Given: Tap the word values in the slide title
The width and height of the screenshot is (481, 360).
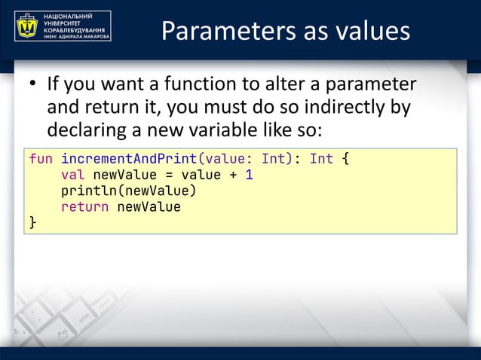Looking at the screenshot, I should pos(372,31).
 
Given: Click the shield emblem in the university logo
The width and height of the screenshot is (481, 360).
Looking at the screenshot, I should pos(28,26).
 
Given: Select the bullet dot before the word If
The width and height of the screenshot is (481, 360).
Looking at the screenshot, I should pos(33,84).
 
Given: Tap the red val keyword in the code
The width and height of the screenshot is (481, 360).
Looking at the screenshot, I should pos(72,175).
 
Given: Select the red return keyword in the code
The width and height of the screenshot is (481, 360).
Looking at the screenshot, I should pos(84,206).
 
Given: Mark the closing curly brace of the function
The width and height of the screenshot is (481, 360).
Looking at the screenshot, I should pos(32,222).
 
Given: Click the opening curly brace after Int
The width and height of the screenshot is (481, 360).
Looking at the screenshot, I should pos(345,160).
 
